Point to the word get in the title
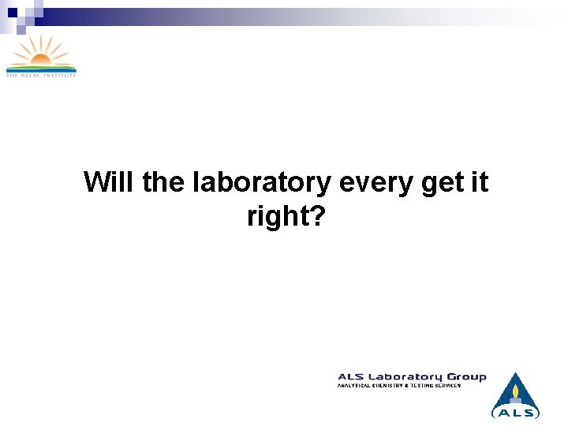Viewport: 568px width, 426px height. click(x=442, y=182)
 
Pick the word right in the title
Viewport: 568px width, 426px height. click(x=275, y=215)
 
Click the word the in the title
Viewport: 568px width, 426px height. click(x=163, y=182)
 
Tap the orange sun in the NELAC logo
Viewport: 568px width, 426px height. click(x=40, y=51)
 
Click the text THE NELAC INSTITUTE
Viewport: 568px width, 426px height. click(x=41, y=75)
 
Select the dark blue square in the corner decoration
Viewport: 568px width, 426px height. click(x=12, y=12)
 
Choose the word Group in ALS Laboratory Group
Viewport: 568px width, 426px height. click(x=467, y=377)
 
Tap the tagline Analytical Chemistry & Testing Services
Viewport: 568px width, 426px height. click(x=399, y=385)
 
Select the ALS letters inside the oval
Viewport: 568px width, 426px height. click(x=516, y=412)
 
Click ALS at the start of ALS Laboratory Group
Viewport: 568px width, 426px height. click(x=350, y=377)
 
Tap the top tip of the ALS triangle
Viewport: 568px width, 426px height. click(x=516, y=373)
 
